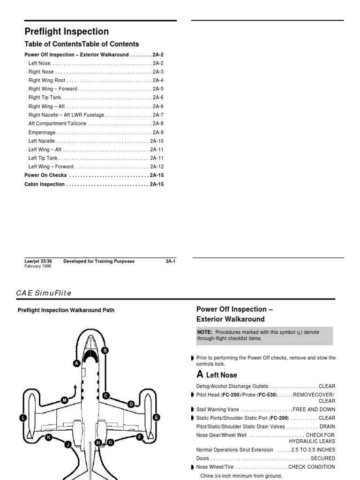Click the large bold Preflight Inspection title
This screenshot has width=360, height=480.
(67, 32)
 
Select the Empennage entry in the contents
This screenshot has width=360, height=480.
(43, 133)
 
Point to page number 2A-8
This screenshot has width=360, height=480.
(158, 124)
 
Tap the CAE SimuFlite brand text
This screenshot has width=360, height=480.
(44, 293)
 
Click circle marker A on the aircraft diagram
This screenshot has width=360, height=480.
(76, 362)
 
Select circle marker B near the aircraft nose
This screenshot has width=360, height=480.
(105, 350)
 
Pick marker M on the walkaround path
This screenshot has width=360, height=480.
(64, 400)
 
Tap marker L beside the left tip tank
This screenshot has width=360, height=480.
(23, 417)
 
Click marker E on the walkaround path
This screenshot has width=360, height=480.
(156, 416)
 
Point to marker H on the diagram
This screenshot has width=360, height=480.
(98, 442)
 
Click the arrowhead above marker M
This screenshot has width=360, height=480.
(75, 385)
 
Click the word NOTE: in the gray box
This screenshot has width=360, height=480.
(205, 332)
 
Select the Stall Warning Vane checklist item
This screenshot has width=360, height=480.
(217, 409)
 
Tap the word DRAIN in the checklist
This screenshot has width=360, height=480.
(327, 427)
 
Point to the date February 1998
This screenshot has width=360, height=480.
(38, 266)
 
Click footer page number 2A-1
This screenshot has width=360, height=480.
(170, 261)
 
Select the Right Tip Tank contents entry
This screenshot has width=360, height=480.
(45, 97)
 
